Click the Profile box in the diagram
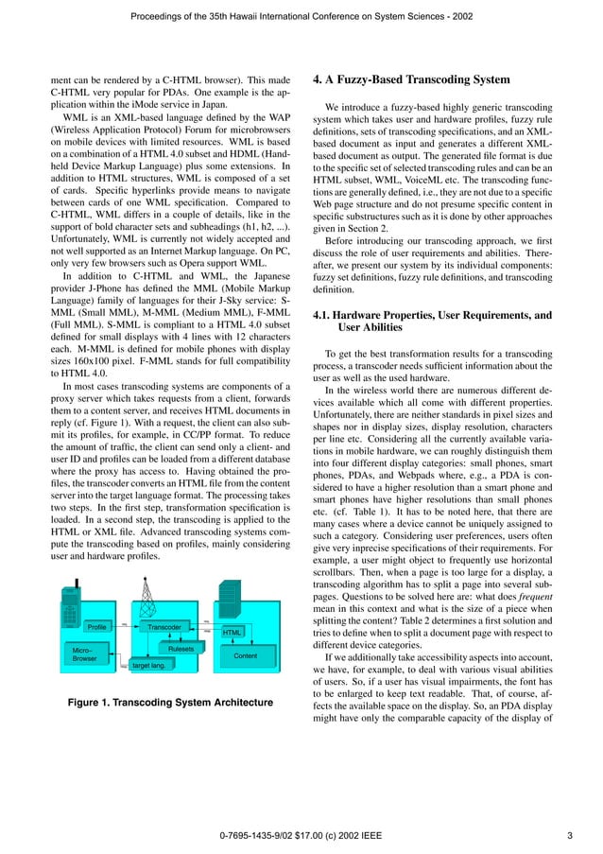tap(96, 627)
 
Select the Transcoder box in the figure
tap(164, 627)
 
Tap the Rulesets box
tap(181, 649)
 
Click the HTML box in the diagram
tap(233, 632)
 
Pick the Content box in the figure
tap(245, 654)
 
